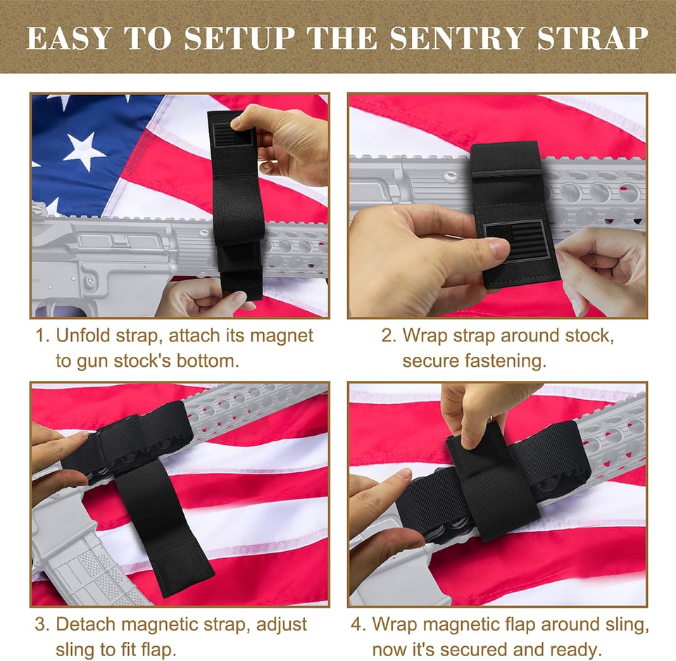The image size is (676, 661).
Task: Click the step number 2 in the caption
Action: coord(387,336)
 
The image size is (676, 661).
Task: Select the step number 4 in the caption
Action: coord(356,624)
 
